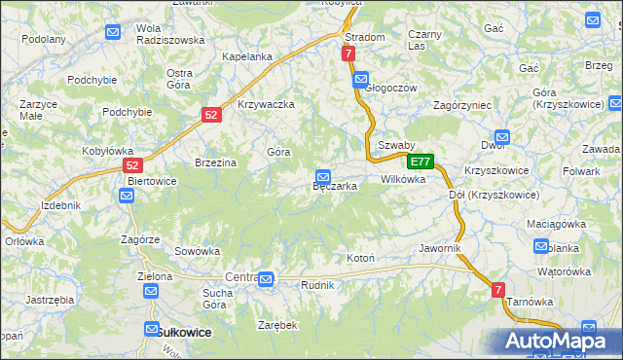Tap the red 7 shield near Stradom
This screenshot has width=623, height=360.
348,54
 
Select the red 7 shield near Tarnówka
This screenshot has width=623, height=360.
497,289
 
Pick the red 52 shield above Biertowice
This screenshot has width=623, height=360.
133,166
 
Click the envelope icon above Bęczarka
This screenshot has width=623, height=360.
322,176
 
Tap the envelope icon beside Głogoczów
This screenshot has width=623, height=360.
361,79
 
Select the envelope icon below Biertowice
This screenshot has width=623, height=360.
127,196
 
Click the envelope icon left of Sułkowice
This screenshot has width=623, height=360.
151,330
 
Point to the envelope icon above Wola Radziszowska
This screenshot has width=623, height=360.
113,32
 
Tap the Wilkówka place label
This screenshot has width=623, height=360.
403,180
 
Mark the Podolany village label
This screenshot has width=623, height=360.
45,40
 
